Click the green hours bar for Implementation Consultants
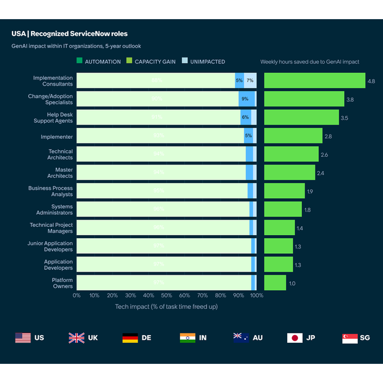[x=314, y=81]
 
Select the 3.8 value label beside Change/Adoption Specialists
[x=350, y=99]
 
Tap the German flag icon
[x=130, y=338]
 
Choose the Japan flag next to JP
[x=294, y=338]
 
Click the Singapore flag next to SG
[x=349, y=338]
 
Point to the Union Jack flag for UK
[x=77, y=338]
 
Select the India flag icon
[x=187, y=338]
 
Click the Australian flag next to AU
[x=241, y=338]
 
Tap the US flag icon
[x=23, y=338]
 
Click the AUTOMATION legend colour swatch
[x=80, y=61]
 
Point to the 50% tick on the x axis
[x=166, y=295]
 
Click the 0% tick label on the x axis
[x=77, y=295]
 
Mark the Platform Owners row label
[x=62, y=283]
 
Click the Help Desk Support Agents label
[x=55, y=117]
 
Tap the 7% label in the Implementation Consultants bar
[x=250, y=81]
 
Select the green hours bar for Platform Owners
[x=275, y=283]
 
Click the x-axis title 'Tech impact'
[x=166, y=306]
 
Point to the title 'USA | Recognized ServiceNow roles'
[x=69, y=34]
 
